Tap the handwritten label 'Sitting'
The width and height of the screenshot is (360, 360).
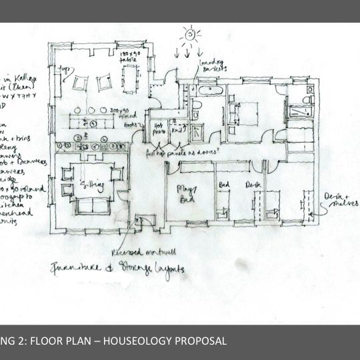(x=91, y=183)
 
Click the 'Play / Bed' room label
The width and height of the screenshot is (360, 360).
(x=185, y=195)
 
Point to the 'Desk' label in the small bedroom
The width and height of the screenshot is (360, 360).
(x=251, y=185)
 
